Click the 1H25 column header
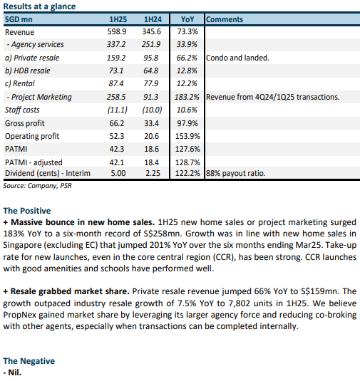point(118,19)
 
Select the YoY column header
point(187,19)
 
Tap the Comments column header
point(225,19)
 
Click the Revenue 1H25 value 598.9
point(117,31)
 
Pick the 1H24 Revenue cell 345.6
point(152,31)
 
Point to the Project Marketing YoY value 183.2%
point(187,97)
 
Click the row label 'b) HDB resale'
point(28,71)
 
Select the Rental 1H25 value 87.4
point(116,83)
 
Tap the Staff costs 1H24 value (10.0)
point(152,110)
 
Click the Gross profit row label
point(25,123)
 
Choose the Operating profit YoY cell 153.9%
point(187,136)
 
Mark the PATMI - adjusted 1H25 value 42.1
point(117,162)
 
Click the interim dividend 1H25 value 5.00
point(118,173)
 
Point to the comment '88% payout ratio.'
point(236,173)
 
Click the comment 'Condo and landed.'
point(237,58)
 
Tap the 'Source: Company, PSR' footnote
point(38,186)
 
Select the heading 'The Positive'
point(27,211)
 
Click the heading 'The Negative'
point(29,361)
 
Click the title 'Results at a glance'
point(39,6)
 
